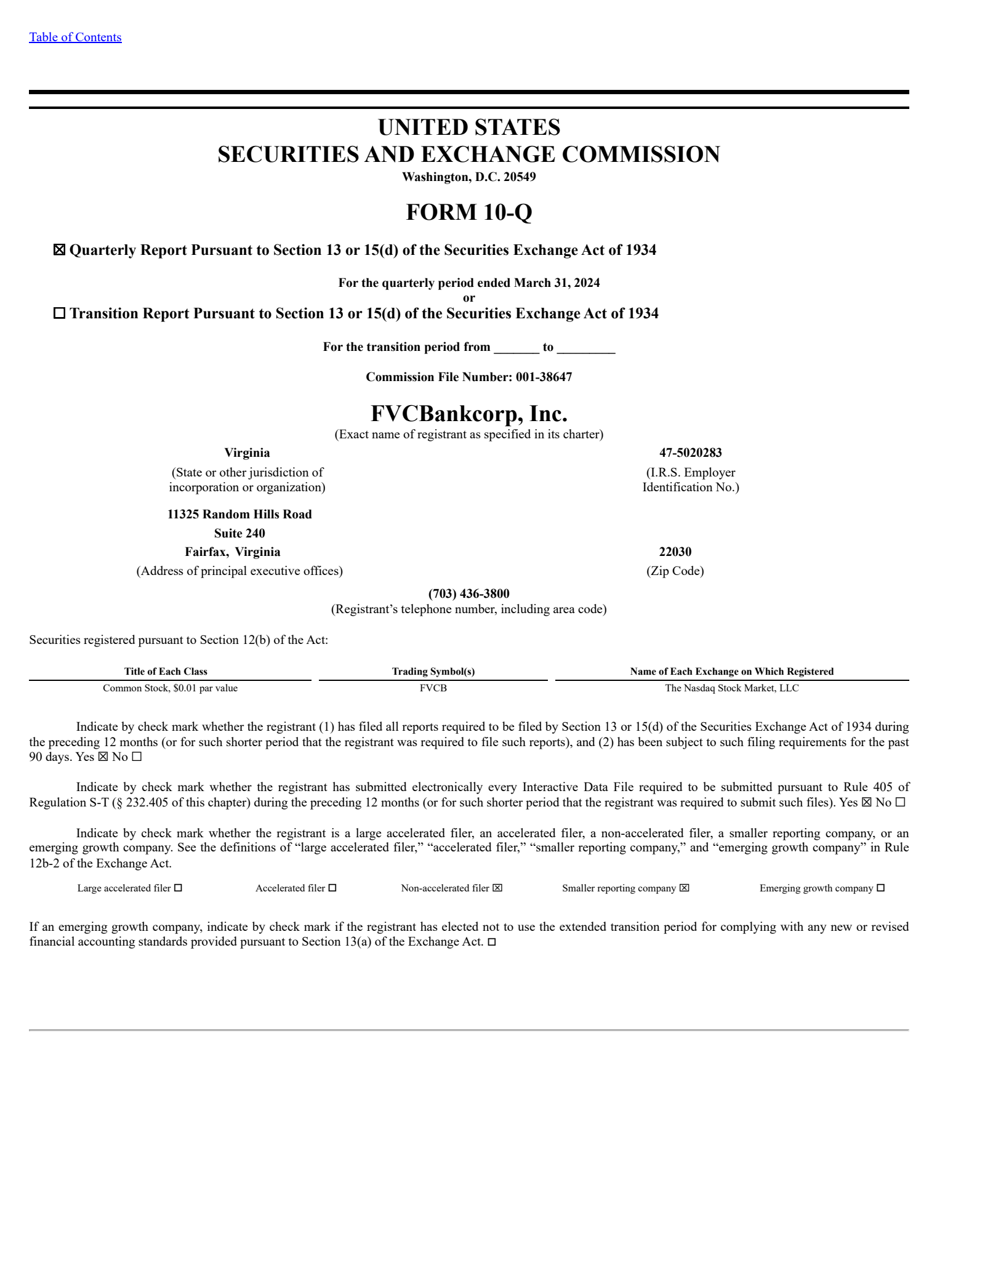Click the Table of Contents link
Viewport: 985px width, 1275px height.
(75, 37)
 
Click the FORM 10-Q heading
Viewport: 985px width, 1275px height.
(468, 212)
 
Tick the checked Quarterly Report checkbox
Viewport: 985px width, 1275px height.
(59, 250)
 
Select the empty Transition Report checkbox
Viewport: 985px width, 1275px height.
(59, 313)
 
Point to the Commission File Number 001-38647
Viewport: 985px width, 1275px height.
(544, 377)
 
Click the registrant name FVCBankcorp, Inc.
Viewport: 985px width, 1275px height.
(468, 413)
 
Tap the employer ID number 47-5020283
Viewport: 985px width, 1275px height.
(690, 452)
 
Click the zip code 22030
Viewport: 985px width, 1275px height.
(675, 552)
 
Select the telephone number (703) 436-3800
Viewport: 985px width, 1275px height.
(468, 593)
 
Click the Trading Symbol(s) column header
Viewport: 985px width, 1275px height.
(433, 671)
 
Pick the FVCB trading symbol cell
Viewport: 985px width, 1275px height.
(433, 688)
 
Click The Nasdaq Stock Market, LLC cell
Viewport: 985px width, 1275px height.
(731, 688)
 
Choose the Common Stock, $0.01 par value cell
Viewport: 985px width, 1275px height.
(170, 688)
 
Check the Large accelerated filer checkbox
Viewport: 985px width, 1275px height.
(178, 888)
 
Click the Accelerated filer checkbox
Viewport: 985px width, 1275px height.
(332, 888)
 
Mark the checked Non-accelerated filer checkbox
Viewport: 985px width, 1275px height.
(497, 888)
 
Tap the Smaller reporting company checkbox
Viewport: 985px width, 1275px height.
(684, 888)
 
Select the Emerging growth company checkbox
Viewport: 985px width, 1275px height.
(880, 888)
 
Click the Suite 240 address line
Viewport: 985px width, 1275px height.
(239, 533)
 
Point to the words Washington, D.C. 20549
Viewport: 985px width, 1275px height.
(468, 177)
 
